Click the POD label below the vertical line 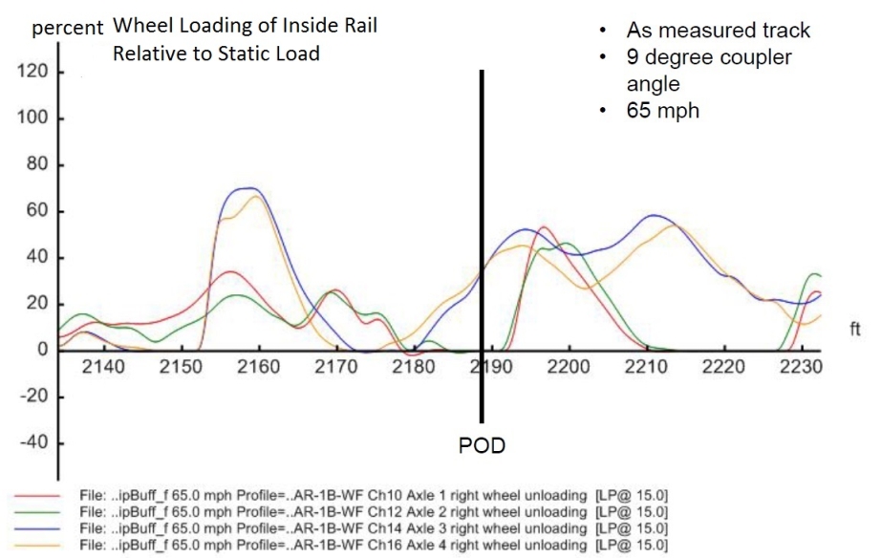pos(483,446)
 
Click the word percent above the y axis pos(67,28)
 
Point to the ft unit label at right pos(855,330)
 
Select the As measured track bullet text pos(719,31)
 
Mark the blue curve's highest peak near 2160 pos(248,188)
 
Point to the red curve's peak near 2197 pos(544,227)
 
